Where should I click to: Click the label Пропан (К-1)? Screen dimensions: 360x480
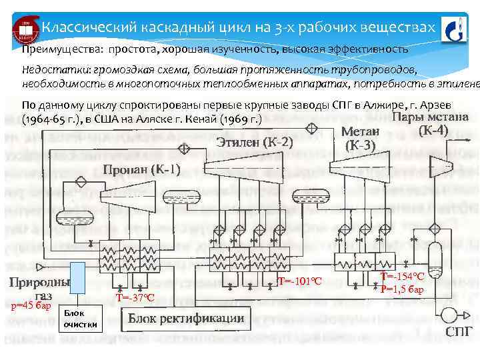tap(141, 169)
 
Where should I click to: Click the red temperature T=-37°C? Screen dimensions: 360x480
tap(135, 297)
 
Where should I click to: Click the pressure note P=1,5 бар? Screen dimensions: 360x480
tap(403, 289)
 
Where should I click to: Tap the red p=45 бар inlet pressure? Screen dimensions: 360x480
tap(31, 306)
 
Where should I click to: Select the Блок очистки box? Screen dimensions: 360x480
tap(81, 319)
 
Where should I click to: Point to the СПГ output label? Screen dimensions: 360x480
tap(459, 331)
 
